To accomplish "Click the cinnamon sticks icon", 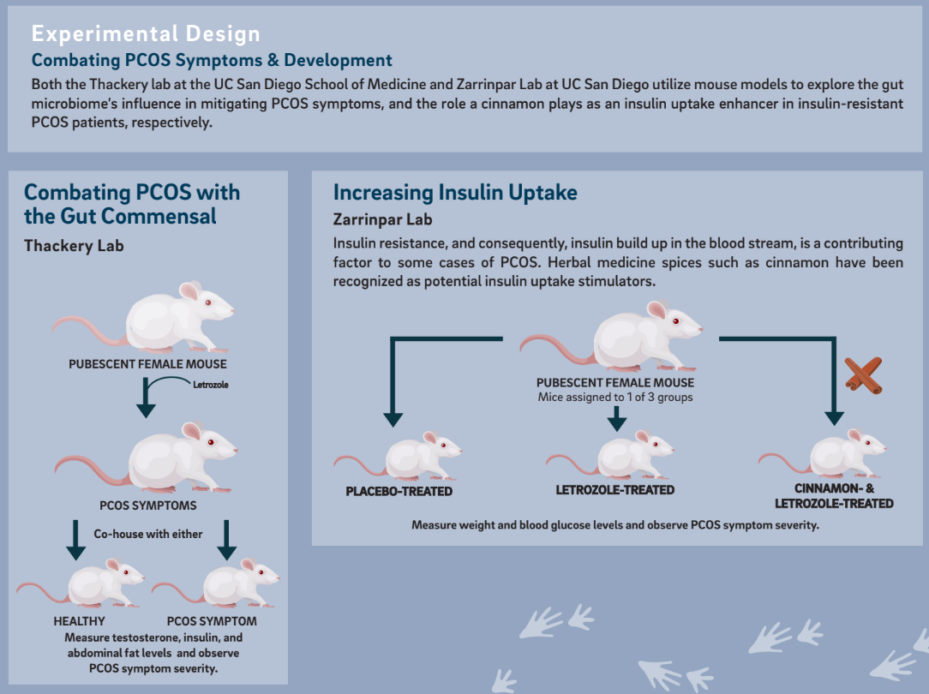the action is pos(864,375).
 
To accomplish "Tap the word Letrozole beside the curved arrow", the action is pos(210,385).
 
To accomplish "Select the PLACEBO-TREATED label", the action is pos(399,492).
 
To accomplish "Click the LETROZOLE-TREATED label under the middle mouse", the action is pos(615,490).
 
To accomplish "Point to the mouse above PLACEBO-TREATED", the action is pos(399,456).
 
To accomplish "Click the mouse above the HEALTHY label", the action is pos(81,583).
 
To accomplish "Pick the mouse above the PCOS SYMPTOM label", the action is pos(216,583).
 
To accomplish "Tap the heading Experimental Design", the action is pos(146,33).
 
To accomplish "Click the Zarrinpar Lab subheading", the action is pos(383,219).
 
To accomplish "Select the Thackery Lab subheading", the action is pos(74,246).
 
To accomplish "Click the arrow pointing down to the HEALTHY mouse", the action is pos(75,540).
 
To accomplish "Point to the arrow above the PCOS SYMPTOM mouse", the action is pos(227,540).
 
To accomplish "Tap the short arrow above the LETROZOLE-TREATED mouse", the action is pos(617,419).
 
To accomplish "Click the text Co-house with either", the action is pos(148,534).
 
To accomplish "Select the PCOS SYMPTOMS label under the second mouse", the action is pos(148,506).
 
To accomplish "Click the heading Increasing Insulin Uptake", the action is pos(455,193).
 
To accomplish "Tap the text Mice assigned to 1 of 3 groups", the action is pos(615,398).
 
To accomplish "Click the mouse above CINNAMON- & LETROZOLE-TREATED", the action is pos(823,453).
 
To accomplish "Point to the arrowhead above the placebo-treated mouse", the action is pos(393,419).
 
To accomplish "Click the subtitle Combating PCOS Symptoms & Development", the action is pos(212,60).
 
